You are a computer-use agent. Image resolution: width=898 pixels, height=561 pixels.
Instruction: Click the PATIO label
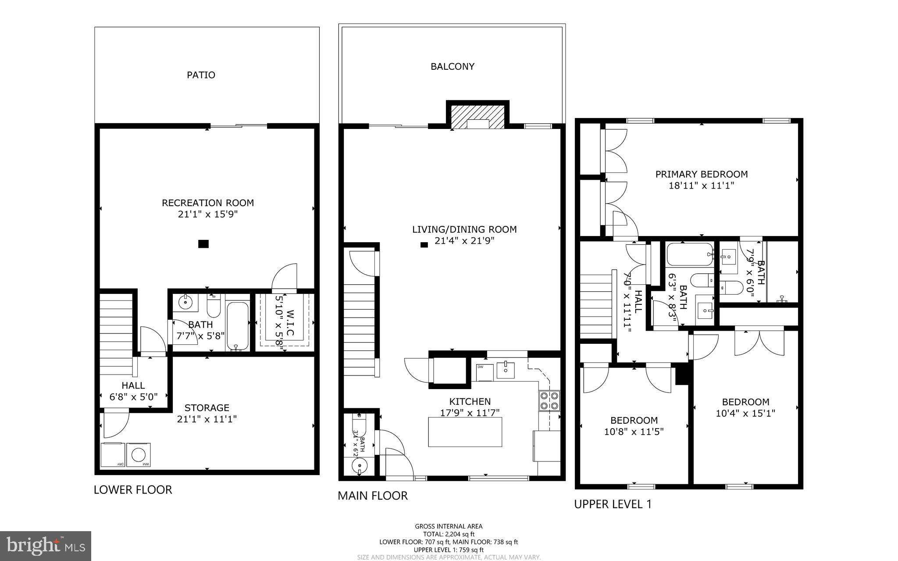click(x=201, y=75)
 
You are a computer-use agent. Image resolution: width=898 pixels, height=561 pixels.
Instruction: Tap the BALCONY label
click(x=452, y=67)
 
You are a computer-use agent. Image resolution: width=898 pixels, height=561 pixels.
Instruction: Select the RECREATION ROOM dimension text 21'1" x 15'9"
click(x=208, y=214)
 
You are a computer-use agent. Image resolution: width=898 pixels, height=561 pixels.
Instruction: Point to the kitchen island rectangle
click(x=465, y=432)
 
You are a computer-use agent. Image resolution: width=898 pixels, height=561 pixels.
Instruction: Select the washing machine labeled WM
click(x=139, y=455)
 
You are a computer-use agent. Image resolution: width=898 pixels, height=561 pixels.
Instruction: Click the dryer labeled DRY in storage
click(x=113, y=455)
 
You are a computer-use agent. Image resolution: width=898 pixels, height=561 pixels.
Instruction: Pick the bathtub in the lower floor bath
click(x=237, y=325)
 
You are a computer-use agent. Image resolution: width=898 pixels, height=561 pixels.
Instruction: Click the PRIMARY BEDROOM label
click(x=701, y=174)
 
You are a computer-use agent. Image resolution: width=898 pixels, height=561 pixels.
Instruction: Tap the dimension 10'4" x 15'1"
click(x=745, y=413)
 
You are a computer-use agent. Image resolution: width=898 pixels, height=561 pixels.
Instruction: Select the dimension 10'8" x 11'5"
click(x=634, y=432)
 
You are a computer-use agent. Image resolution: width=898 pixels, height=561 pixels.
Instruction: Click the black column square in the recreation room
click(x=203, y=244)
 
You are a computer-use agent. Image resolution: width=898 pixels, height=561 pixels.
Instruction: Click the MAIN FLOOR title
click(x=372, y=496)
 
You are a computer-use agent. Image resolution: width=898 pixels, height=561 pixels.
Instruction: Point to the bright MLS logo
click(x=46, y=546)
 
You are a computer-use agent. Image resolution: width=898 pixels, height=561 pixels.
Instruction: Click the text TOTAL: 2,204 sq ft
click(x=449, y=534)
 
